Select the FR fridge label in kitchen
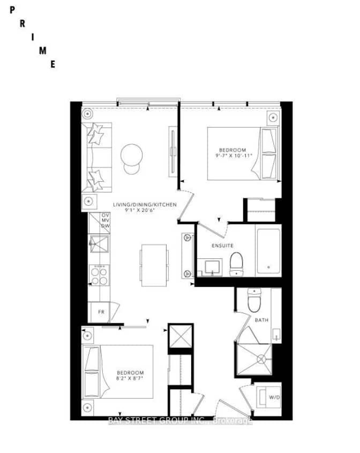tap(100, 311)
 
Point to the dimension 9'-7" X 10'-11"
tap(232, 155)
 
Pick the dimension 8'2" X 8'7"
tap(131, 377)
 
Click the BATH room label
tap(262, 320)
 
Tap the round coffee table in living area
tap(132, 155)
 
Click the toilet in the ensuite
tap(237, 264)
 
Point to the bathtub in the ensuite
tap(268, 251)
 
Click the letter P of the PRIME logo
tap(12, 10)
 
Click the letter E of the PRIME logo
tap(52, 64)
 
